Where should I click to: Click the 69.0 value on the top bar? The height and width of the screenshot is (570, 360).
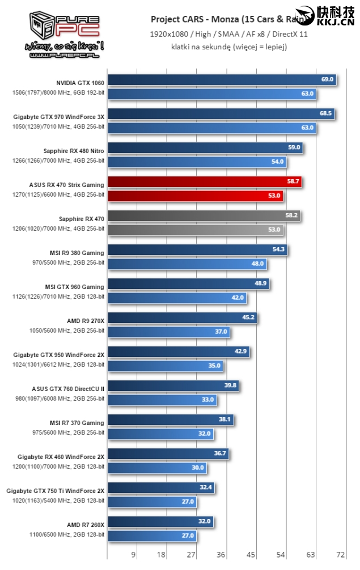[327, 80]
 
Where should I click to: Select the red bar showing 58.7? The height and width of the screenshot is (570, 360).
[204, 182]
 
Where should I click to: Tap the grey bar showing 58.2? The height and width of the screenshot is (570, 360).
[202, 216]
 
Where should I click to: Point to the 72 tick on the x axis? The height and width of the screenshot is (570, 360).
[341, 554]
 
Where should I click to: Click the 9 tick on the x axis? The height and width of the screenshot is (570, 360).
[134, 554]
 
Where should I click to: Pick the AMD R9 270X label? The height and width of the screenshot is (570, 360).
[86, 321]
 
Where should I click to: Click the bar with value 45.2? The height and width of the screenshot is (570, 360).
[181, 318]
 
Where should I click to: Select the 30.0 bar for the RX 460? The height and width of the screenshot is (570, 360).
[156, 467]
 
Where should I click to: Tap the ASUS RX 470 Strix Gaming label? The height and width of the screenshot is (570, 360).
[67, 185]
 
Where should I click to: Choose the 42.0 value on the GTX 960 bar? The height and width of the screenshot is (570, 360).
[238, 297]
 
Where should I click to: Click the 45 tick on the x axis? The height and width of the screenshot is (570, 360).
[251, 554]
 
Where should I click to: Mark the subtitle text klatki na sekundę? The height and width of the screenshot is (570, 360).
[229, 47]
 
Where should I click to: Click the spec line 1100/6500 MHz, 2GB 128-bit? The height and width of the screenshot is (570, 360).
[67, 534]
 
